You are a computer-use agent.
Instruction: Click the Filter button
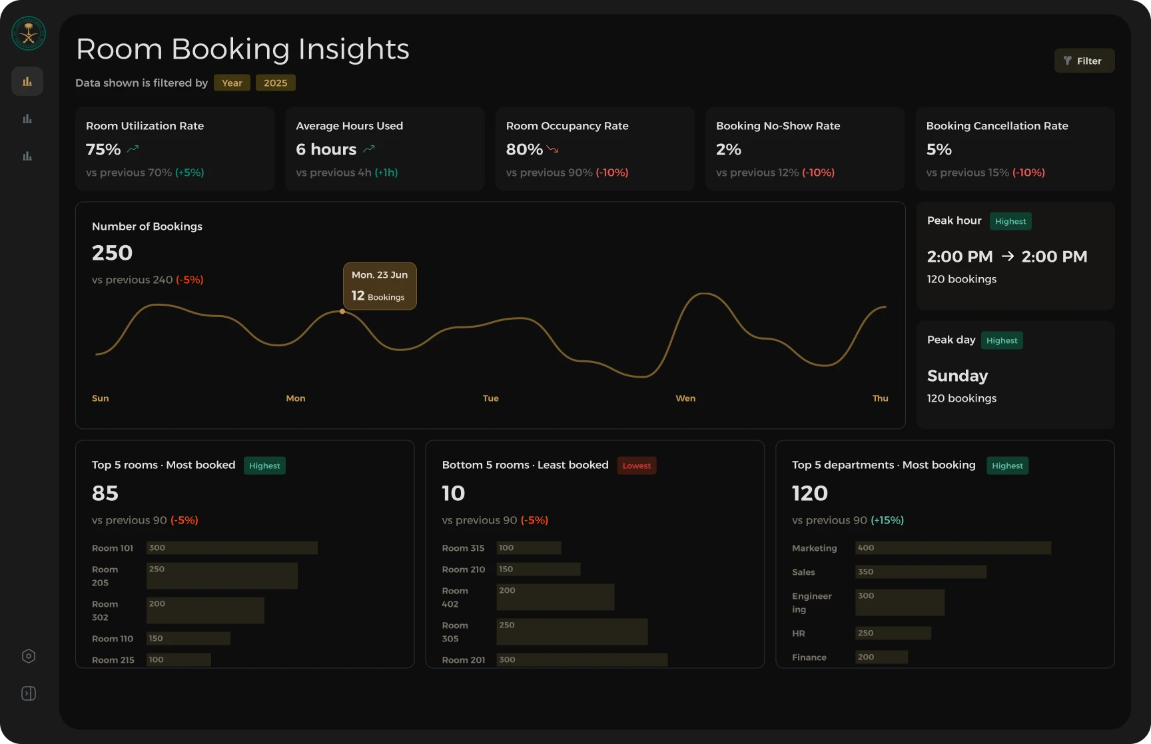pos(1084,61)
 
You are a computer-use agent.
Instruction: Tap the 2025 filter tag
pos(275,83)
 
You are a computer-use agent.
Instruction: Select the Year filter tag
pos(232,83)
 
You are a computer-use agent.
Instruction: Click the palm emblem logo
pos(29,33)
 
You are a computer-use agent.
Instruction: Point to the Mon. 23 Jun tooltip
pos(380,286)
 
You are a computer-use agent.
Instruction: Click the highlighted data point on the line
pos(342,311)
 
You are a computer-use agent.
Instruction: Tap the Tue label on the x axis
pos(491,398)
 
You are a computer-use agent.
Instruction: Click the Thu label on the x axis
pos(880,398)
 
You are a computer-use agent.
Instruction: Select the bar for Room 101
pos(232,548)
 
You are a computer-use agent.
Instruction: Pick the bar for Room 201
pos(582,659)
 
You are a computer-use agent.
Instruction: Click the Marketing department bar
pos(953,548)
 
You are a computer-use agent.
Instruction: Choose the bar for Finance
pos(882,657)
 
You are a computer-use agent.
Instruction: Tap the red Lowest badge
pos(637,466)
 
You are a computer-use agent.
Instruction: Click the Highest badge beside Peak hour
pos(1010,221)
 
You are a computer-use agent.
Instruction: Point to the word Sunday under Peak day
pos(957,376)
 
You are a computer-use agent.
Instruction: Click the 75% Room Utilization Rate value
pos(103,149)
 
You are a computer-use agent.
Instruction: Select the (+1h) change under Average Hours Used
pos(386,173)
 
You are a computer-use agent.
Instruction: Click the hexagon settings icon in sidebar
pos(29,656)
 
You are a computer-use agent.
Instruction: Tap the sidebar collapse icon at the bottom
pos(29,693)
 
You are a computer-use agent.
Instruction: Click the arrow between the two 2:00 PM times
pos(1007,256)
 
